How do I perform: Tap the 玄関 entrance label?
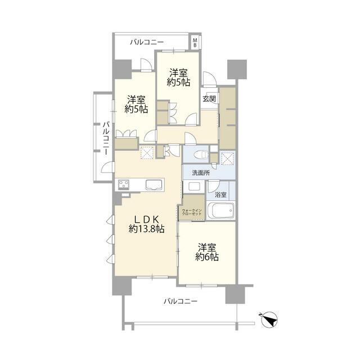[x=209, y=99]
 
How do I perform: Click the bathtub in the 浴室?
[x=220, y=210]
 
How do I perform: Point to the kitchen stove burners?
[x=124, y=184]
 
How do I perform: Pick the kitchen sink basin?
[x=154, y=185]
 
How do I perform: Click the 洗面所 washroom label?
[x=201, y=173]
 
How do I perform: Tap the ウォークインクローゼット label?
[x=192, y=212]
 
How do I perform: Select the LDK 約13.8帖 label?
[x=146, y=224]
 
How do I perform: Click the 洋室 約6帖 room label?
[x=207, y=253]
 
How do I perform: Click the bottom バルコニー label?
[x=181, y=301]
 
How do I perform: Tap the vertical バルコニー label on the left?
[x=106, y=138]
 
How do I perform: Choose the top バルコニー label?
[x=147, y=43]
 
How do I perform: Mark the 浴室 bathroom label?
[x=220, y=195]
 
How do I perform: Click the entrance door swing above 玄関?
[x=209, y=78]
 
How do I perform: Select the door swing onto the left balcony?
[x=107, y=167]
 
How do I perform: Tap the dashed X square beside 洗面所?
[x=227, y=158]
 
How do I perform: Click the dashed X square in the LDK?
[x=147, y=152]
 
